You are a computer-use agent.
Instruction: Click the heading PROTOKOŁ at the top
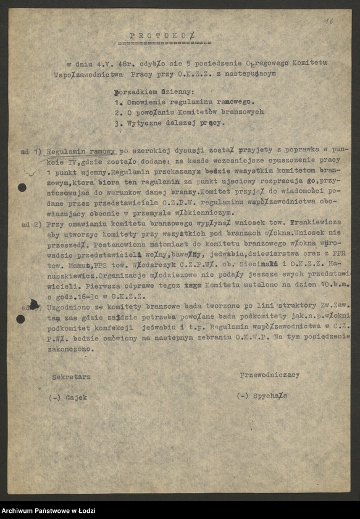(162, 36)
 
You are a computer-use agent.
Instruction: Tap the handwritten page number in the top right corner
(329, 21)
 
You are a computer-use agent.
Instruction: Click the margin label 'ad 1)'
(30, 151)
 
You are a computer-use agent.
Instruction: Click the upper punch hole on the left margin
(22, 187)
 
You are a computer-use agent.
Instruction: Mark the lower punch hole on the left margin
(21, 319)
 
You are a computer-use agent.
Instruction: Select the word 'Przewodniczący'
(270, 374)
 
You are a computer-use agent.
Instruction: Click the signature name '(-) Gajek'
(68, 398)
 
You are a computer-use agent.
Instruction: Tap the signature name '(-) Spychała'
(262, 395)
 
